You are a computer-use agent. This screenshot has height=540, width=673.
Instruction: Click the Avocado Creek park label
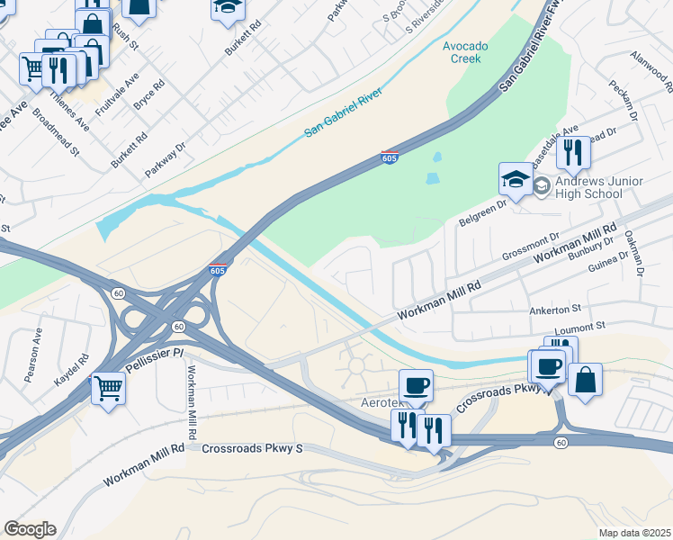(x=462, y=52)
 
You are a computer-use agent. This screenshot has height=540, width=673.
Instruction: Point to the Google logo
(x=30, y=529)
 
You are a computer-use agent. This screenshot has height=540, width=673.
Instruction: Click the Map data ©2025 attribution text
(x=634, y=533)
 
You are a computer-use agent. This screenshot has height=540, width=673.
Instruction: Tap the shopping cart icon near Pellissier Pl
(x=108, y=388)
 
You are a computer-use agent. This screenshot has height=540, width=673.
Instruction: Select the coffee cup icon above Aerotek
(x=416, y=385)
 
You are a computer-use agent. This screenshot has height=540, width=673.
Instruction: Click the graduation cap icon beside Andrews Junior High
(x=516, y=178)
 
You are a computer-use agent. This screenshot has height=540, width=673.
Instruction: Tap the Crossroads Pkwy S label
(x=253, y=447)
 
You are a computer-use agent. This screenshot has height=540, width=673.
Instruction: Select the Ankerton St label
(x=557, y=309)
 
